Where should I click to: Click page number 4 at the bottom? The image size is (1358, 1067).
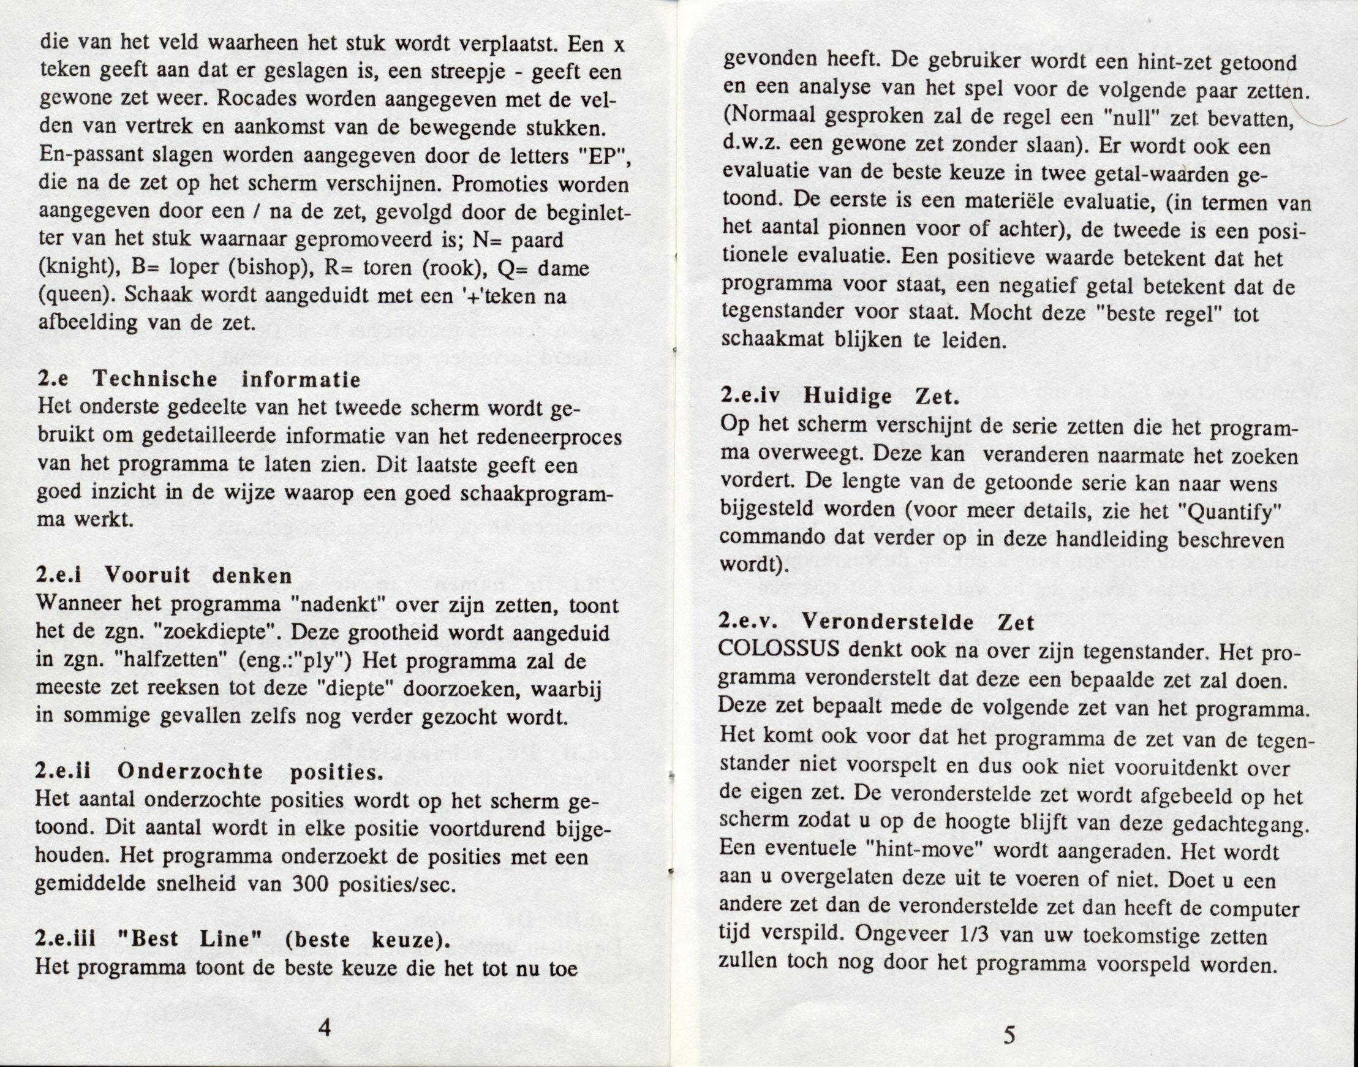point(323,1028)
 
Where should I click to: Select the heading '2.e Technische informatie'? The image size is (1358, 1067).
point(199,379)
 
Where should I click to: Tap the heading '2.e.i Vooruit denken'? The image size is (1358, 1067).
point(164,575)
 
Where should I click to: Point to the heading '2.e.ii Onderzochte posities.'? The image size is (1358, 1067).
point(209,772)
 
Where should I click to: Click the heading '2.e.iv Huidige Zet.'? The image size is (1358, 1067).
point(839,396)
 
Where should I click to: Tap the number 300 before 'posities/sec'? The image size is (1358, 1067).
point(273,884)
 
